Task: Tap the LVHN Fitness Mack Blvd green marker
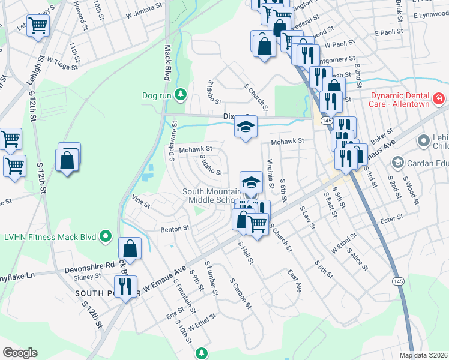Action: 106,236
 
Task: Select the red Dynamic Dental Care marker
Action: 439,98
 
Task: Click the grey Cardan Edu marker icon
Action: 397,163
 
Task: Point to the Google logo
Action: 20,352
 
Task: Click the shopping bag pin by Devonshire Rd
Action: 130,248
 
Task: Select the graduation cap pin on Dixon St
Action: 245,127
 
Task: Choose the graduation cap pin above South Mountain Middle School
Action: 252,182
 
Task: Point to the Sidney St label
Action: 88,277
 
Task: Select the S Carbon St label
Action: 239,293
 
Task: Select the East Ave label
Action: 294,280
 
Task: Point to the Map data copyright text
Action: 423,355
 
